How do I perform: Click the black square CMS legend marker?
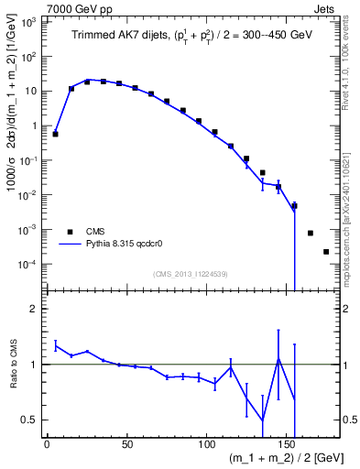[x=69, y=232]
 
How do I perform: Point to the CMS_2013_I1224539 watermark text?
[x=190, y=272]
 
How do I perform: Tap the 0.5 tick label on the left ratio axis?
[x=29, y=420]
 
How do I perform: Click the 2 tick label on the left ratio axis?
[x=35, y=309]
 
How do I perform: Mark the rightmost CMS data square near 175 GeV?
[x=326, y=252]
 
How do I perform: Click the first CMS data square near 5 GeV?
[x=55, y=134]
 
